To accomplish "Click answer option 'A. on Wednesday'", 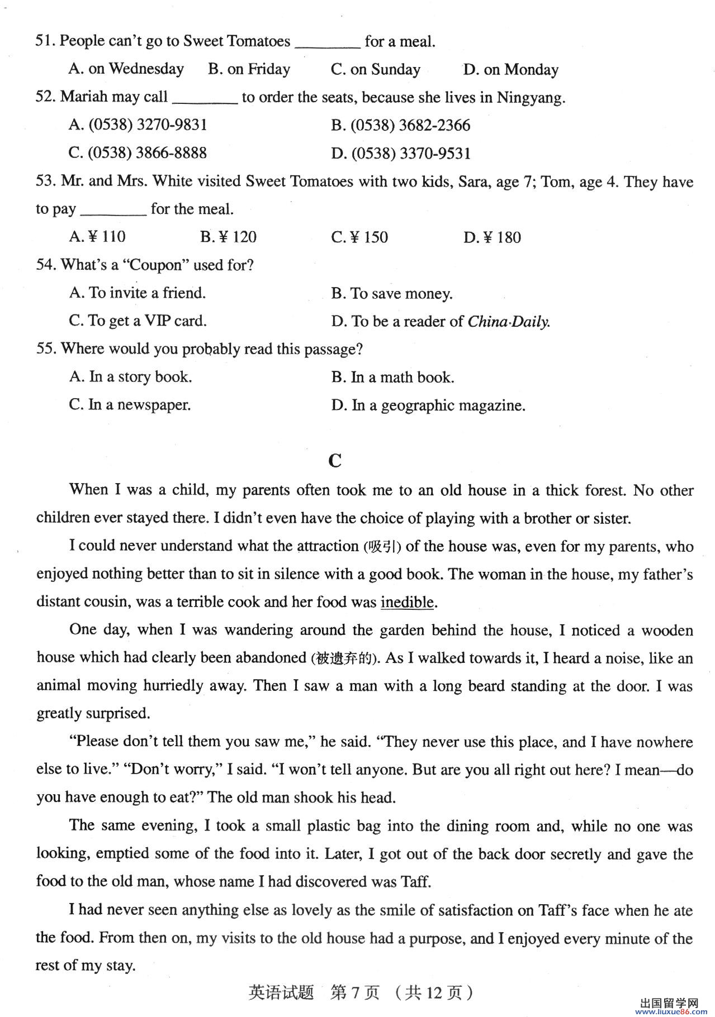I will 126,69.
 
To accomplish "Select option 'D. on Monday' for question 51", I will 510,69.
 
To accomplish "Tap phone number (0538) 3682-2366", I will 400,125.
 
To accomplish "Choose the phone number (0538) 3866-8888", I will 138,153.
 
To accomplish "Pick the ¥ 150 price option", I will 359,237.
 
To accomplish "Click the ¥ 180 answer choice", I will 492,237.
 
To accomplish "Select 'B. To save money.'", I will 391,293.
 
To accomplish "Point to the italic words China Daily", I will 508,322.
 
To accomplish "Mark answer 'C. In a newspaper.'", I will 130,405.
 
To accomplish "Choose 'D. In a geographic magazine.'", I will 428,405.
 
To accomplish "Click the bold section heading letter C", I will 335,461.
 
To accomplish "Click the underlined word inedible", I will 407,602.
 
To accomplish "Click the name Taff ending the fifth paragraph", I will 415,882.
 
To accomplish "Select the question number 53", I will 45,181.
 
